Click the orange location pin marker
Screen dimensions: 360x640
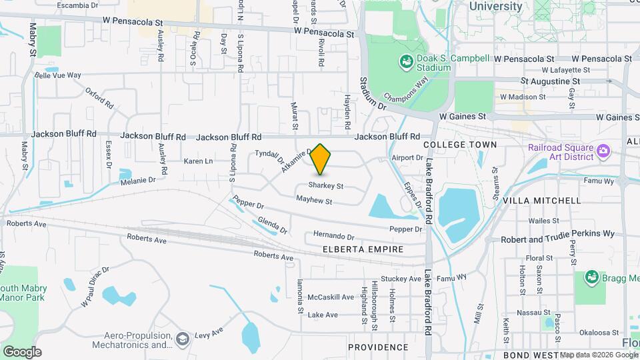(x=321, y=159)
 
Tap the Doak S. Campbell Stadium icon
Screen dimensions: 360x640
(x=405, y=62)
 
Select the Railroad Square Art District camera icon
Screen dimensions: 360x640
(x=604, y=151)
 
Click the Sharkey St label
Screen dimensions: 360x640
(x=326, y=186)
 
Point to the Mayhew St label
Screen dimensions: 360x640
(x=314, y=200)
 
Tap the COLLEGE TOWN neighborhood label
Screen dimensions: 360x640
(x=460, y=144)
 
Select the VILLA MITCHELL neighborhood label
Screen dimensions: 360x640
(x=542, y=200)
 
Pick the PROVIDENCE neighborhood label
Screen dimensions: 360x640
(x=378, y=347)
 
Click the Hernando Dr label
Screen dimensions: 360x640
(x=333, y=236)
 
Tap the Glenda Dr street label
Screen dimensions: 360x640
(x=273, y=226)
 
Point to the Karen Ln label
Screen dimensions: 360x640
(x=198, y=161)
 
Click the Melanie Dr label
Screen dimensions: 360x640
(x=137, y=180)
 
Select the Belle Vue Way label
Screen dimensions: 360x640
(x=58, y=75)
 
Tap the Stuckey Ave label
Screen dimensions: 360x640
(x=401, y=279)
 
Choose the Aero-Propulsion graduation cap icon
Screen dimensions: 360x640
(x=181, y=340)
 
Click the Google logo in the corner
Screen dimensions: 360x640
(x=22, y=352)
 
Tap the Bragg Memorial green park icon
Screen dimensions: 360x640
(x=591, y=277)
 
